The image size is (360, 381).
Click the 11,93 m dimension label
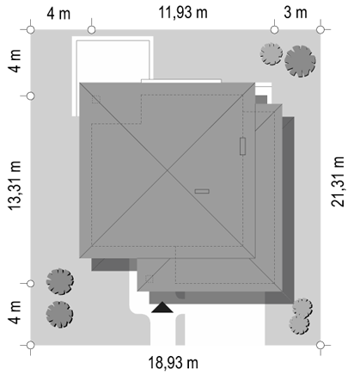point(183,13)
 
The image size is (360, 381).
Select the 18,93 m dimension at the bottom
point(173,363)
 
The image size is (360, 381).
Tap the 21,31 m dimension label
point(338,181)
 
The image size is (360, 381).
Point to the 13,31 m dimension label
point(15,186)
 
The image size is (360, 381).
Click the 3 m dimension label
point(296,13)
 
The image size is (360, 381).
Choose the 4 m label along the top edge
point(58,14)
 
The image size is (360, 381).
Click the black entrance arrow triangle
point(162,307)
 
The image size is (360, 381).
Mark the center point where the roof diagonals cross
point(168,170)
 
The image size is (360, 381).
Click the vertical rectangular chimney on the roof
point(242,146)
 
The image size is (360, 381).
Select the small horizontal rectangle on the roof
point(202,191)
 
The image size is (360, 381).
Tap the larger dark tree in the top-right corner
point(300,61)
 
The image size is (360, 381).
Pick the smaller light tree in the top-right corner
point(272,54)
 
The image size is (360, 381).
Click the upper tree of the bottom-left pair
point(60,281)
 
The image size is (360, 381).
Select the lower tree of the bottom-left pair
point(59,314)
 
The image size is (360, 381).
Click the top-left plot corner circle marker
point(31,29)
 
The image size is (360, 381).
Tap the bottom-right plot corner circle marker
point(320,345)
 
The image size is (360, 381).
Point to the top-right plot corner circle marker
point(320,29)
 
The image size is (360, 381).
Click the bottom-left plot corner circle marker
point(31,345)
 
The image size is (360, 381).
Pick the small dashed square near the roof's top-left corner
point(96,100)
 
